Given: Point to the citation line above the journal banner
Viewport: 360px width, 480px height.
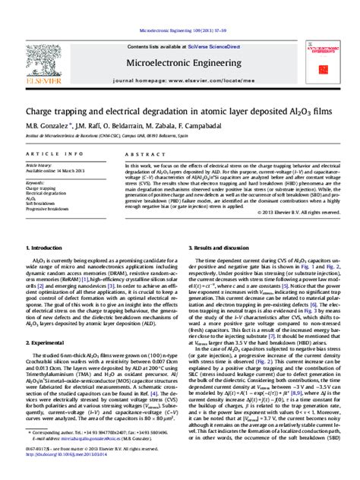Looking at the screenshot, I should tap(179, 23).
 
